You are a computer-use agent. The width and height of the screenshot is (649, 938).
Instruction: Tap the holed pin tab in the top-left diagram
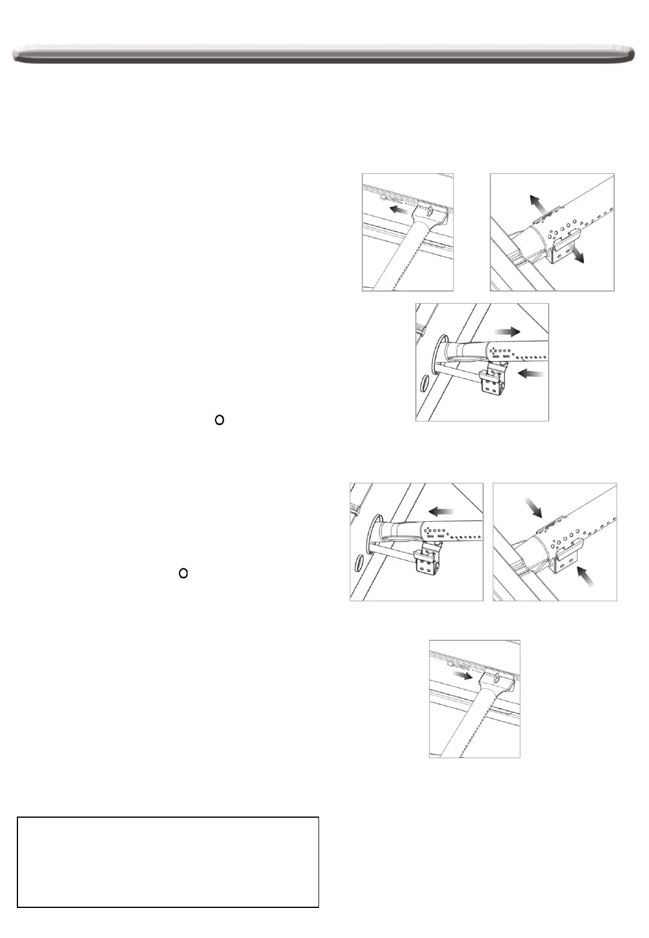pos(430,211)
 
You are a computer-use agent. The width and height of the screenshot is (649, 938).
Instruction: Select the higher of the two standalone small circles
pos(219,420)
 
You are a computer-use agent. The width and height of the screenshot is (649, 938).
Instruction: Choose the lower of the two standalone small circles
pos(184,574)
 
